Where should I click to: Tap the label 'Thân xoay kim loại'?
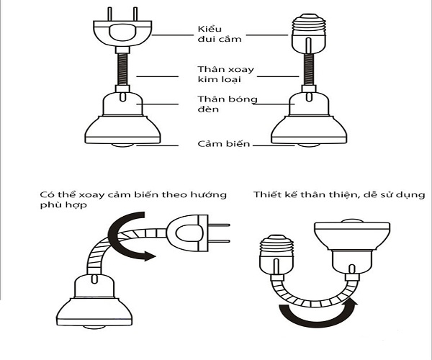point(220,75)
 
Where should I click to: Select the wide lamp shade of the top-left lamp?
point(120,128)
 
